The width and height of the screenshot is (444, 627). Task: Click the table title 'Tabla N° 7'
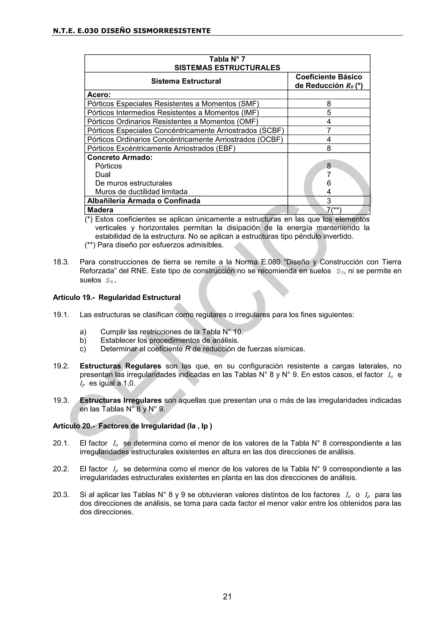227,59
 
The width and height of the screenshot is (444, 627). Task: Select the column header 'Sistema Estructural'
186,81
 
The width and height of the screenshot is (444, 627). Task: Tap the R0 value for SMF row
329,103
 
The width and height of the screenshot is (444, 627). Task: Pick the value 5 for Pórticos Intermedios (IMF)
329,113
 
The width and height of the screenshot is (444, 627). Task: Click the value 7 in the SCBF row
329,130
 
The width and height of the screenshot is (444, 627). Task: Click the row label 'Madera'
100,210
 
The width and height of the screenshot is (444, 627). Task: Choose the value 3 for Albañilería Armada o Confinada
329,201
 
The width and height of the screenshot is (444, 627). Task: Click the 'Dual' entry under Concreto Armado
103,175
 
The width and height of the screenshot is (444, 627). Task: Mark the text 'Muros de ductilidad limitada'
141,192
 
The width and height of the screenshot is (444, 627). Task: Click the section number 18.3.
61,262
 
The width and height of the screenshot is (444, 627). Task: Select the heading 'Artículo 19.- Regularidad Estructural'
116,297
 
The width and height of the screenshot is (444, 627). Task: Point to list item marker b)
83,340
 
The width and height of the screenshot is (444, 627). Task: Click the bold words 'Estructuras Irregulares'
121,400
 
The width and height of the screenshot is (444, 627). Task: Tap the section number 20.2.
61,469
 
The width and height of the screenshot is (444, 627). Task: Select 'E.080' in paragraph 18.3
271,262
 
